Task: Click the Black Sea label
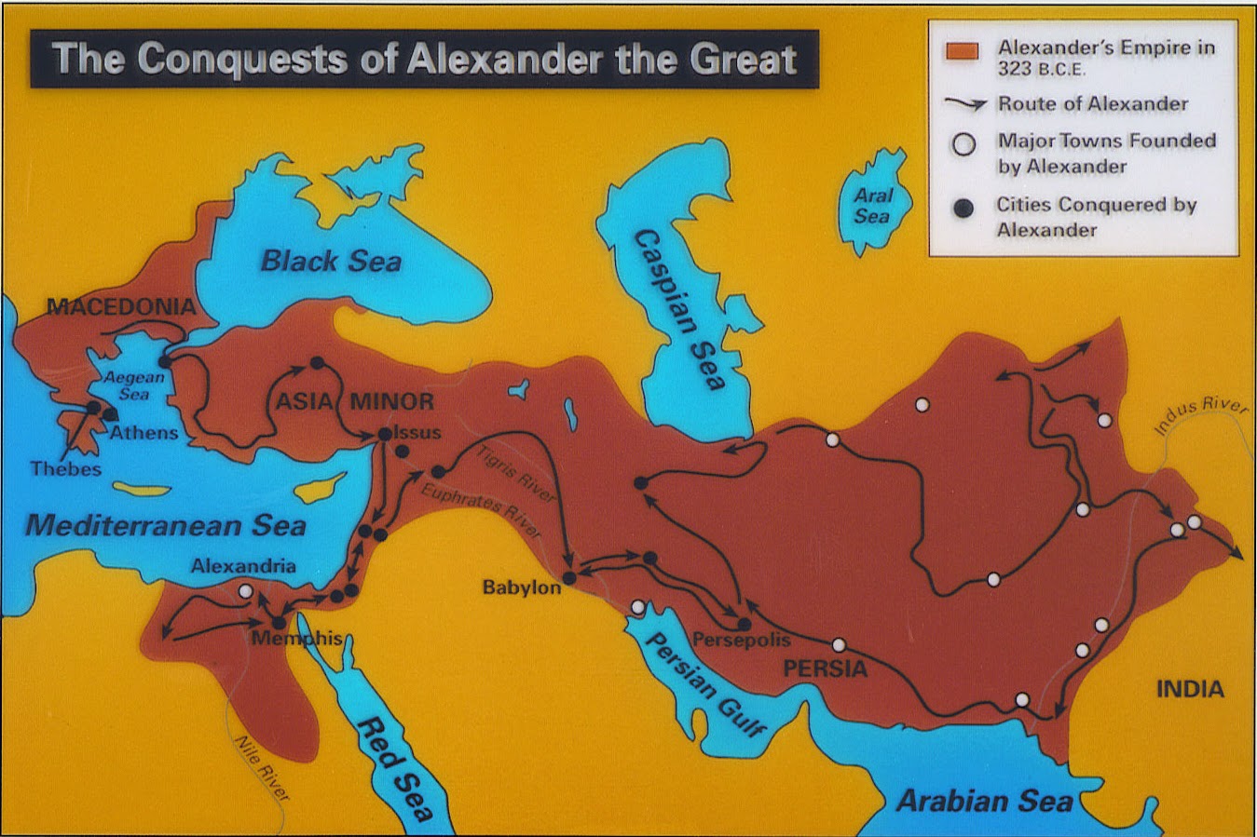(x=331, y=261)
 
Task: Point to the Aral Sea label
(x=873, y=206)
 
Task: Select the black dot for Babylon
(x=569, y=577)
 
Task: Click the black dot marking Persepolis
(x=744, y=625)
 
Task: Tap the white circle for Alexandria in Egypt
(x=245, y=591)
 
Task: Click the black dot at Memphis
(x=279, y=623)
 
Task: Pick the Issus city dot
(x=384, y=434)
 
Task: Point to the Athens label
(x=143, y=433)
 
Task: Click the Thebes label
(x=65, y=468)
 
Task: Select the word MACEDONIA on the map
(x=121, y=306)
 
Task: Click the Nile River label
(x=261, y=767)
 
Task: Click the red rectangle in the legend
(x=962, y=51)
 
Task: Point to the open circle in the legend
(x=963, y=144)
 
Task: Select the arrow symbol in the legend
(x=964, y=104)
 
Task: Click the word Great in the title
(x=743, y=60)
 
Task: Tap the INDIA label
(x=1190, y=689)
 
